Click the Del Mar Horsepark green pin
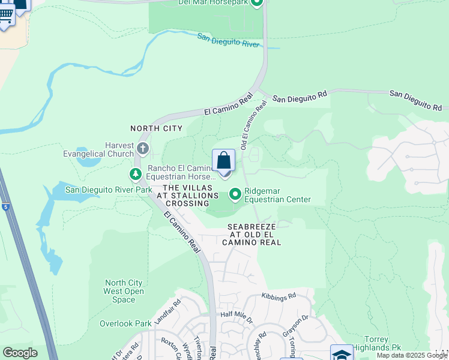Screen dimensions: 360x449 pyautogui.click(x=258, y=3)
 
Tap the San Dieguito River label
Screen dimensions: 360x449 pyautogui.click(x=237, y=41)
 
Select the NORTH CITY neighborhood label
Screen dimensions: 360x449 pyautogui.click(x=156, y=128)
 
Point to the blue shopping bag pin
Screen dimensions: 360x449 pyautogui.click(x=223, y=161)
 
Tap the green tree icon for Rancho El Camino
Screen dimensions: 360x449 pyautogui.click(x=136, y=175)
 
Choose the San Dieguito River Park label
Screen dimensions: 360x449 pyautogui.click(x=109, y=190)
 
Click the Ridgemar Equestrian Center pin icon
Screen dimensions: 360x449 pyautogui.click(x=235, y=194)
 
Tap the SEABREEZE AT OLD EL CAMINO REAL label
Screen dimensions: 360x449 pyautogui.click(x=255, y=235)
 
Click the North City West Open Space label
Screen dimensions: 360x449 pyautogui.click(x=124, y=291)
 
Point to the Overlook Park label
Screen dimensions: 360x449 pyautogui.click(x=125, y=323)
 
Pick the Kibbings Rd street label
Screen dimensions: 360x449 pyautogui.click(x=279, y=296)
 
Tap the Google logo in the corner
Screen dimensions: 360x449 pyautogui.click(x=20, y=353)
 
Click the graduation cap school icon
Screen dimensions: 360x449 pyautogui.click(x=341, y=354)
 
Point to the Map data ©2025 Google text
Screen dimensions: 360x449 pyautogui.click(x=412, y=355)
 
